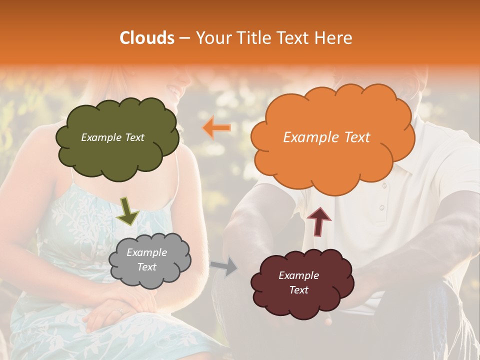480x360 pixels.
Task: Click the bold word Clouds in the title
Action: point(147,38)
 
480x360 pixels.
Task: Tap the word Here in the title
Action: point(333,38)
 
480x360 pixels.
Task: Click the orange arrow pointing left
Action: point(216,128)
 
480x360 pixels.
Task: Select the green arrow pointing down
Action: point(127,210)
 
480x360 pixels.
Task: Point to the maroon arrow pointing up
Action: point(318,220)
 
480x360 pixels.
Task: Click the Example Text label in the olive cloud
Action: point(112,137)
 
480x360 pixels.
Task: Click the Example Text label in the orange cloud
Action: point(326,137)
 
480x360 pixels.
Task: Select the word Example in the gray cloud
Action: point(146,252)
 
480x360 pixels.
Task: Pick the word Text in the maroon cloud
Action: point(298,290)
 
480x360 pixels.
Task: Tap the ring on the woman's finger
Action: point(119,311)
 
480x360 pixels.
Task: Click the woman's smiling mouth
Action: point(174,90)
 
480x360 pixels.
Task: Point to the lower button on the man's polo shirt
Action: point(380,207)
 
